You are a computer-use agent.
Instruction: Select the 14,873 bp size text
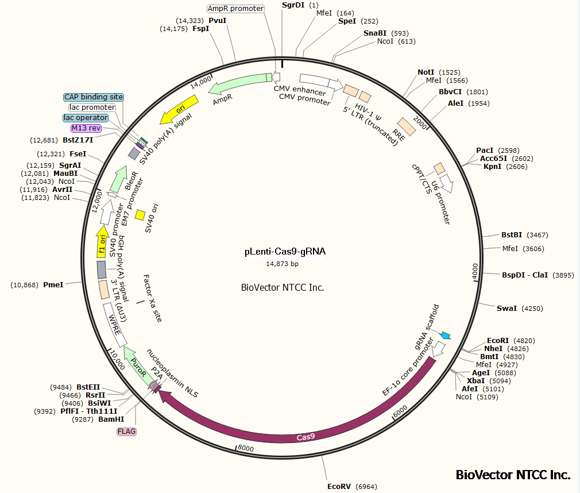pos(282,264)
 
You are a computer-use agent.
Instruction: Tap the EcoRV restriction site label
pos(339,486)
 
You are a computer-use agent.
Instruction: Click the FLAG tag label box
pos(127,431)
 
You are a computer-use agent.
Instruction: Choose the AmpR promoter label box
pos(235,9)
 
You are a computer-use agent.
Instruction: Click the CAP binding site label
pos(94,97)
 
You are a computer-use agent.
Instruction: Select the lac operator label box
pos(86,118)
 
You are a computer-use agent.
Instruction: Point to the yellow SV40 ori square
pos(140,215)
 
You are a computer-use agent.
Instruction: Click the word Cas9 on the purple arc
pos(305,437)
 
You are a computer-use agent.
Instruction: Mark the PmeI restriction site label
pos(53,284)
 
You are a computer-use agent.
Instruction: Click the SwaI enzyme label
pos(506,309)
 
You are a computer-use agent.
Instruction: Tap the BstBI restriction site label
pos(512,235)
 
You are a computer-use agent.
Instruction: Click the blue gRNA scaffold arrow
pos(445,335)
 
